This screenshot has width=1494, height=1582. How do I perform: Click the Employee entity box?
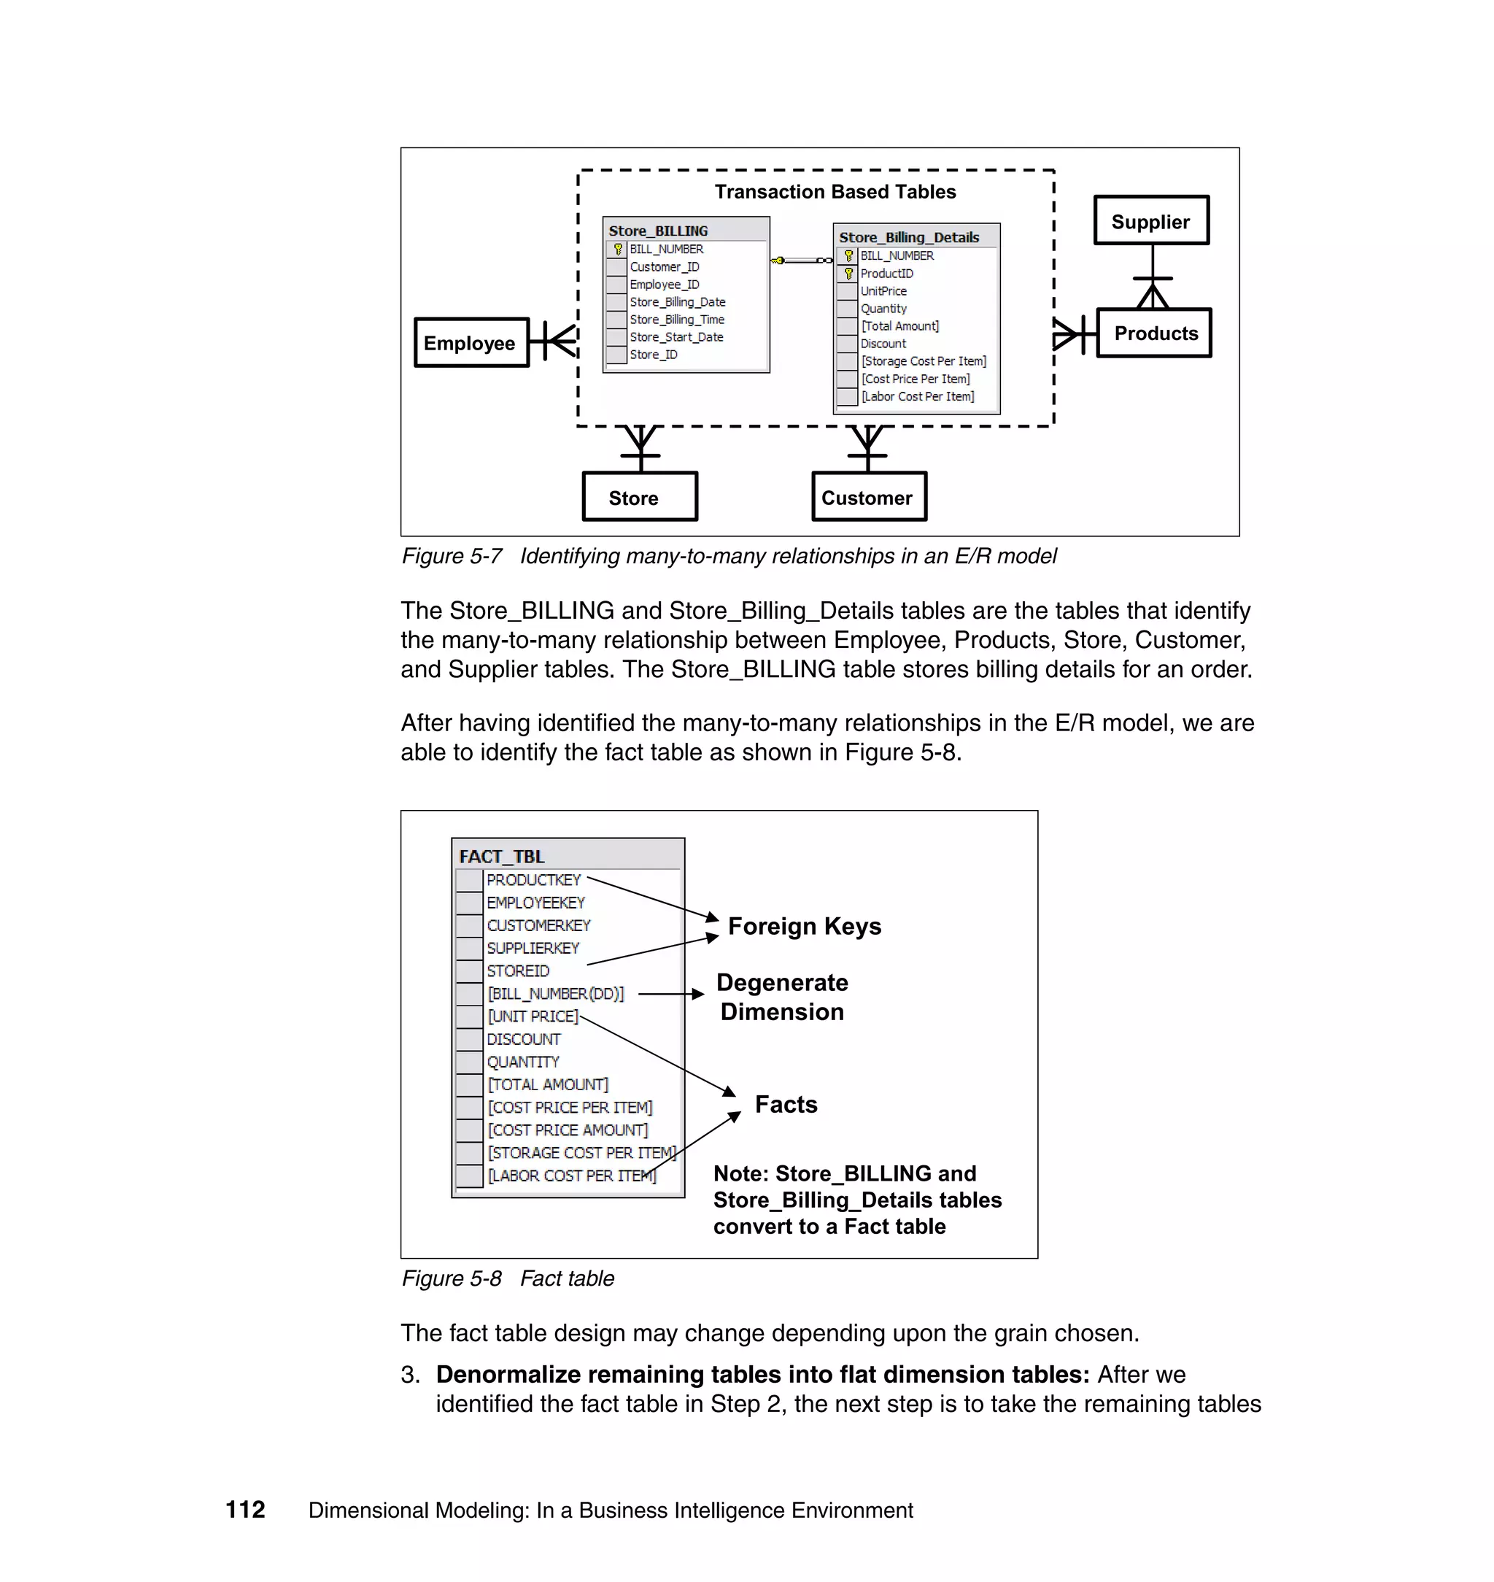point(471,342)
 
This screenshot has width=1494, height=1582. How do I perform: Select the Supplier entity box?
point(1150,220)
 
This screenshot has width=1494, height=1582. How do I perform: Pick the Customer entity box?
point(868,497)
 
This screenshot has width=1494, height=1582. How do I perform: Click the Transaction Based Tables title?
point(835,191)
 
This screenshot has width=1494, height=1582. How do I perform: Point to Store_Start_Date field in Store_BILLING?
point(676,337)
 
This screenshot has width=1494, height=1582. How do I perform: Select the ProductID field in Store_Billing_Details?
point(886,273)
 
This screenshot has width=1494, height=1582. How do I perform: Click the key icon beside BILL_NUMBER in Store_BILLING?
point(617,250)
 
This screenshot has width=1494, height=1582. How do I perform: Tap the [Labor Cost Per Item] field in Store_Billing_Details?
point(918,396)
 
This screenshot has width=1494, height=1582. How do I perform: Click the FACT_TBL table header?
point(502,857)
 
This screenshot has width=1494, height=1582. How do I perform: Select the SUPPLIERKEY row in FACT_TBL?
point(533,948)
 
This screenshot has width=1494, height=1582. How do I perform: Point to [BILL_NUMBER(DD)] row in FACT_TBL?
point(555,993)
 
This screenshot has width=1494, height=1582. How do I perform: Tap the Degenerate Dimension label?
point(782,997)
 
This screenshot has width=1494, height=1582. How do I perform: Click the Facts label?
point(786,1104)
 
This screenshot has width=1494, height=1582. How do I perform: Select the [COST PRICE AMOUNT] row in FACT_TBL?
point(568,1130)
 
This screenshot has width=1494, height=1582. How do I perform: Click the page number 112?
point(245,1510)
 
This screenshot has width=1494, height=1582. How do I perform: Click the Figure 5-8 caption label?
point(452,1278)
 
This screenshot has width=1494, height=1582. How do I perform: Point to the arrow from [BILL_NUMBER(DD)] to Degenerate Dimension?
point(670,993)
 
